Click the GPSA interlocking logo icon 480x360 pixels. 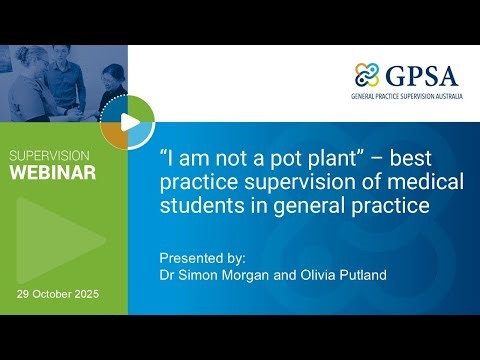367,76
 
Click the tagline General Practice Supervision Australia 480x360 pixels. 409,98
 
